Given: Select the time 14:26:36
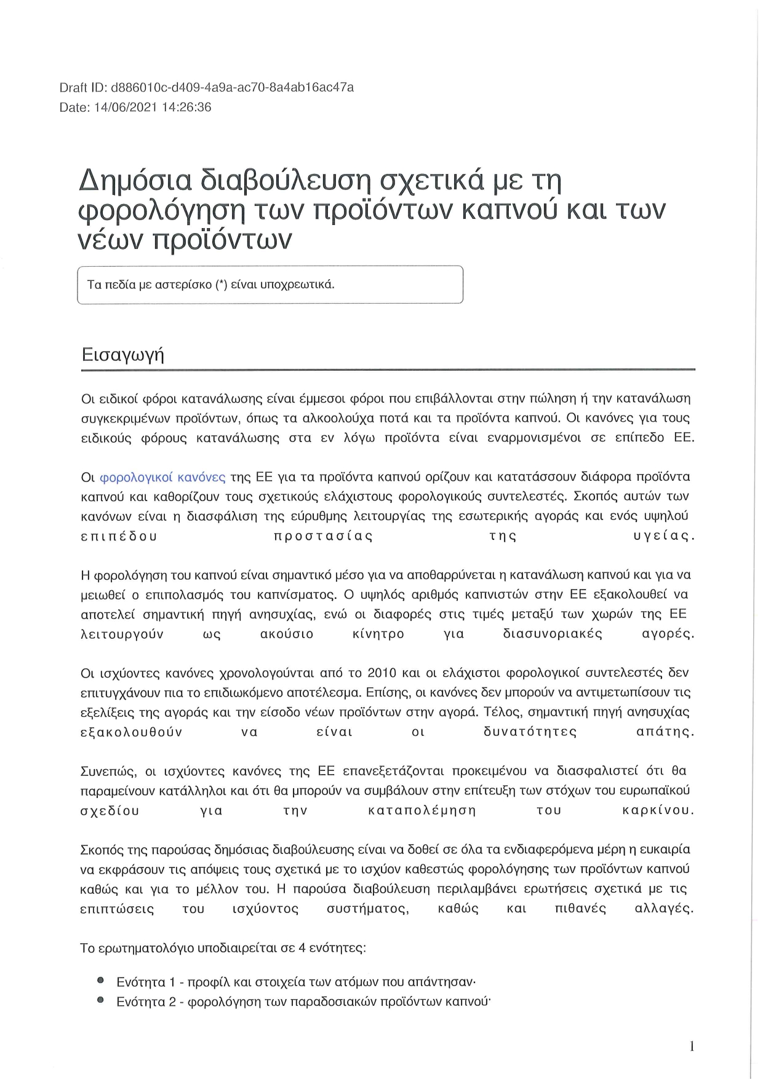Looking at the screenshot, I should [x=185, y=108].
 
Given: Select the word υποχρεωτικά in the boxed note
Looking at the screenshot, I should [x=303, y=285].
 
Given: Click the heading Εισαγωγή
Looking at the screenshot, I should [x=122, y=355].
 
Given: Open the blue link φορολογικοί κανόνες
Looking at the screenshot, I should [x=162, y=477].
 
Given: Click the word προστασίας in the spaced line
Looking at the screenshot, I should [x=323, y=536].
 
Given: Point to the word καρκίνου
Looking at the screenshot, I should [x=658, y=810].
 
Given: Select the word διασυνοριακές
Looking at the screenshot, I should [x=552, y=634].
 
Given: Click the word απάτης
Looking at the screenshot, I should [x=664, y=732].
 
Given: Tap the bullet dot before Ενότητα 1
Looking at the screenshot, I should [x=100, y=981].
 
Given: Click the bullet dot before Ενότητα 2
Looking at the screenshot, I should [x=100, y=1001].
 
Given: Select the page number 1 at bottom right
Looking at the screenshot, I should [x=692, y=1046].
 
